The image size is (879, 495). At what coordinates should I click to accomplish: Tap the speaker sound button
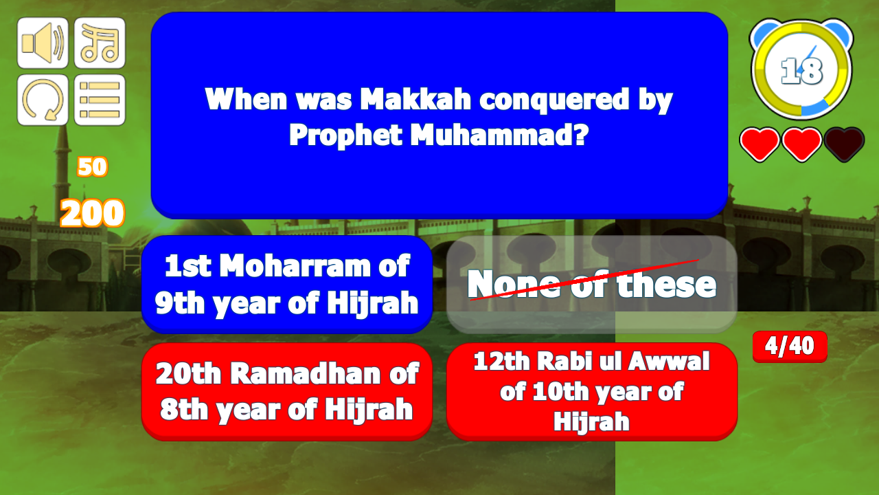click(43, 43)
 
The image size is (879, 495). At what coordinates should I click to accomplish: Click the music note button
click(100, 43)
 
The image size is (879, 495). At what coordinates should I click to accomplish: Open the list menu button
click(100, 100)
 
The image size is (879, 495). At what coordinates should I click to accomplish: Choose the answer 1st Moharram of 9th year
click(287, 285)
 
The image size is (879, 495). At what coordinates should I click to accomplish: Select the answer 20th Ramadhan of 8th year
click(287, 392)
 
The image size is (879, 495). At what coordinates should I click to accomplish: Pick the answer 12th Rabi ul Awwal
click(592, 392)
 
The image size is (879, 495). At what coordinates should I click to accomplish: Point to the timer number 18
click(801, 71)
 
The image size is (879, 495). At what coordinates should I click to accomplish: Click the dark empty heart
click(844, 144)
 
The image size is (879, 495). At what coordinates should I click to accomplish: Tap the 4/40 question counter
click(790, 346)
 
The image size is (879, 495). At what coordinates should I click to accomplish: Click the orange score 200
click(93, 213)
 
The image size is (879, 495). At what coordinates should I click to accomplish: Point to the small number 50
click(93, 166)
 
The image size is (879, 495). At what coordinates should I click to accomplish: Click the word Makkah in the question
click(415, 99)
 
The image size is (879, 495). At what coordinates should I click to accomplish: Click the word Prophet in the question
click(345, 136)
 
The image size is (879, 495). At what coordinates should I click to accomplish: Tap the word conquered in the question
click(555, 100)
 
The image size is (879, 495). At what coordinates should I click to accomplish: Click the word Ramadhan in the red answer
click(305, 373)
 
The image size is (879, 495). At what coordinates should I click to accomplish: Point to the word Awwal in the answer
click(669, 361)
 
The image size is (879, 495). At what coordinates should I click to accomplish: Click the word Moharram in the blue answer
click(295, 266)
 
